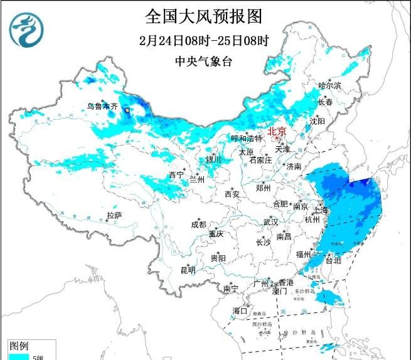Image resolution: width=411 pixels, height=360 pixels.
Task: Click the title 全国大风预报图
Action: point(205,14)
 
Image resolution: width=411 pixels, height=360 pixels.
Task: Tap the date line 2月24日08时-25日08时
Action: point(205,41)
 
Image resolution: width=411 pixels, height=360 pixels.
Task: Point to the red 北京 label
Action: point(277,131)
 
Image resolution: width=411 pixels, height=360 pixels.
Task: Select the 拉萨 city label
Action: point(114,215)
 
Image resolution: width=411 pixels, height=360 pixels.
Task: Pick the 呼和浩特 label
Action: point(246,138)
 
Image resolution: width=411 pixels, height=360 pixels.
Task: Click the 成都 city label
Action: point(198,224)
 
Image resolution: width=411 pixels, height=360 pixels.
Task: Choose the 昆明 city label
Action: point(188,270)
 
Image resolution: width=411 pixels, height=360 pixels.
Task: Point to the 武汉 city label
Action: point(270,222)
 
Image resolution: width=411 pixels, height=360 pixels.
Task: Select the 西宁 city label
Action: point(176,174)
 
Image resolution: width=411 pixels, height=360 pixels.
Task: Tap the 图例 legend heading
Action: point(19,346)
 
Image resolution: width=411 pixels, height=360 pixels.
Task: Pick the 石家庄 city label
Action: point(260,160)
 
